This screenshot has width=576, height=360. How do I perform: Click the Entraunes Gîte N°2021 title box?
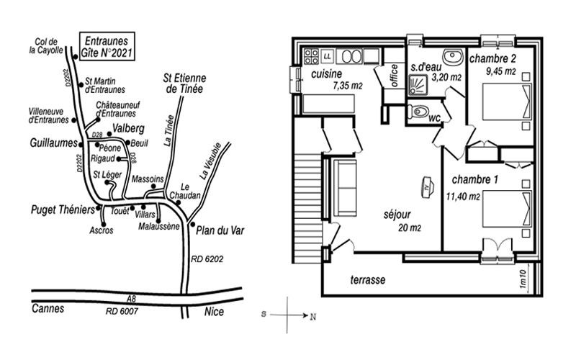coord(107,46)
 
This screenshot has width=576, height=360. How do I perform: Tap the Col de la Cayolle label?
coord(46,46)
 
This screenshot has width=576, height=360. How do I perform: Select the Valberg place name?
coord(129,129)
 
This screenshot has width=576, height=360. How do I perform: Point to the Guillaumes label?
coord(53,143)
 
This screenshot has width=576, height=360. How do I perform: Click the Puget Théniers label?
coord(63,210)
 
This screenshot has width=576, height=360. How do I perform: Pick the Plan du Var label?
coord(220,230)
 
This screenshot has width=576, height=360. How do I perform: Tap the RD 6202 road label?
coord(207,259)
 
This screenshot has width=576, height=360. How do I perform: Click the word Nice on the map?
coord(214,312)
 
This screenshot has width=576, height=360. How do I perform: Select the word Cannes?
coord(48,308)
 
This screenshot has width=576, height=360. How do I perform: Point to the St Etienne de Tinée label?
coord(185,84)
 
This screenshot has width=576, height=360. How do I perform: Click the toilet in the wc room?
coord(418,111)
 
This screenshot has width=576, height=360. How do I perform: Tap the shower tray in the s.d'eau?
coord(418,86)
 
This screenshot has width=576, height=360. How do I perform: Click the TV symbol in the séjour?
coord(427,186)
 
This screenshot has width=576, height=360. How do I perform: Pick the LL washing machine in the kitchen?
coord(328,56)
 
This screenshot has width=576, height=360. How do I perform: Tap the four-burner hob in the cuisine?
coord(311,56)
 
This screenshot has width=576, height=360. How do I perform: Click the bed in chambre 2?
coord(507,102)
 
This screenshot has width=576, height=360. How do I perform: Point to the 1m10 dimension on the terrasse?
coord(523,279)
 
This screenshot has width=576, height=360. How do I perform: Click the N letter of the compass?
coord(312,317)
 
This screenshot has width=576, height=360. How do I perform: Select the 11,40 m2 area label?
coord(463,197)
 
